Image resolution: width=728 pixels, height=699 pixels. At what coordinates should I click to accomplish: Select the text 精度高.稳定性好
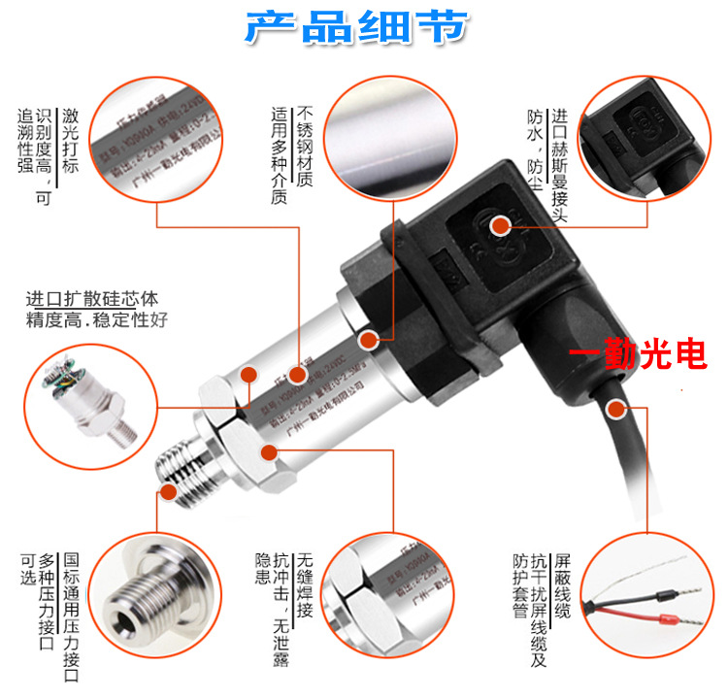click(96, 319)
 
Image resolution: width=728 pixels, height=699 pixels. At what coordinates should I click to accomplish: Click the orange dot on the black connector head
click(501, 226)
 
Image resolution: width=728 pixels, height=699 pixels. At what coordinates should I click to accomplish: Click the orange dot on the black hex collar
click(369, 341)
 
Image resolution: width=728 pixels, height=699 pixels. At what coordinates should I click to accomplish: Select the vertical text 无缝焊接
click(305, 582)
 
